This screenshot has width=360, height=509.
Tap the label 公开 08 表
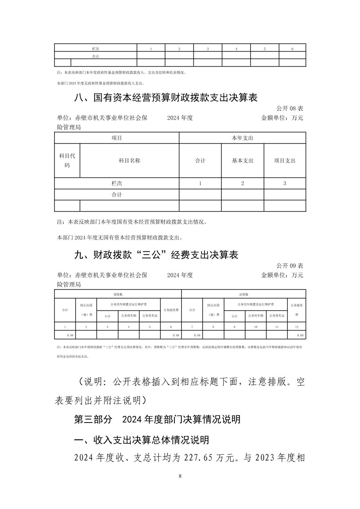[290, 108]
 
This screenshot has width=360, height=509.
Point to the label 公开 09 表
[290, 266]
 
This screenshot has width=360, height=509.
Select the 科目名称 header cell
[129, 160]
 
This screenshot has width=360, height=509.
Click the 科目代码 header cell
[67, 160]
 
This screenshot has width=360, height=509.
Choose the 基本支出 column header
[242, 160]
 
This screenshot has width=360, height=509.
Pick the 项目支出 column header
[285, 160]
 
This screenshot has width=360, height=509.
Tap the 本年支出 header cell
[242, 138]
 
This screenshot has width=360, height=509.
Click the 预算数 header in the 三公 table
[118, 294]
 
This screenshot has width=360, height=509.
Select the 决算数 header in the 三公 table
[243, 294]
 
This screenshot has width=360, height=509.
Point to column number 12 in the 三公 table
[296, 326]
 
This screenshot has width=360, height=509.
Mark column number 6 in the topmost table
[292, 49]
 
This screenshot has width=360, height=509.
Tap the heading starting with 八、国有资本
[166, 98]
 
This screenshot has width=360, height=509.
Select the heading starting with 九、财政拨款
[156, 255]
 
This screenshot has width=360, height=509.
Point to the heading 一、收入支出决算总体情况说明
[141, 440]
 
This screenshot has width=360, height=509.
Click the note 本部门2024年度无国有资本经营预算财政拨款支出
[120, 238]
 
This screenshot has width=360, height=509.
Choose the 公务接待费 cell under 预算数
[171, 310]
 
